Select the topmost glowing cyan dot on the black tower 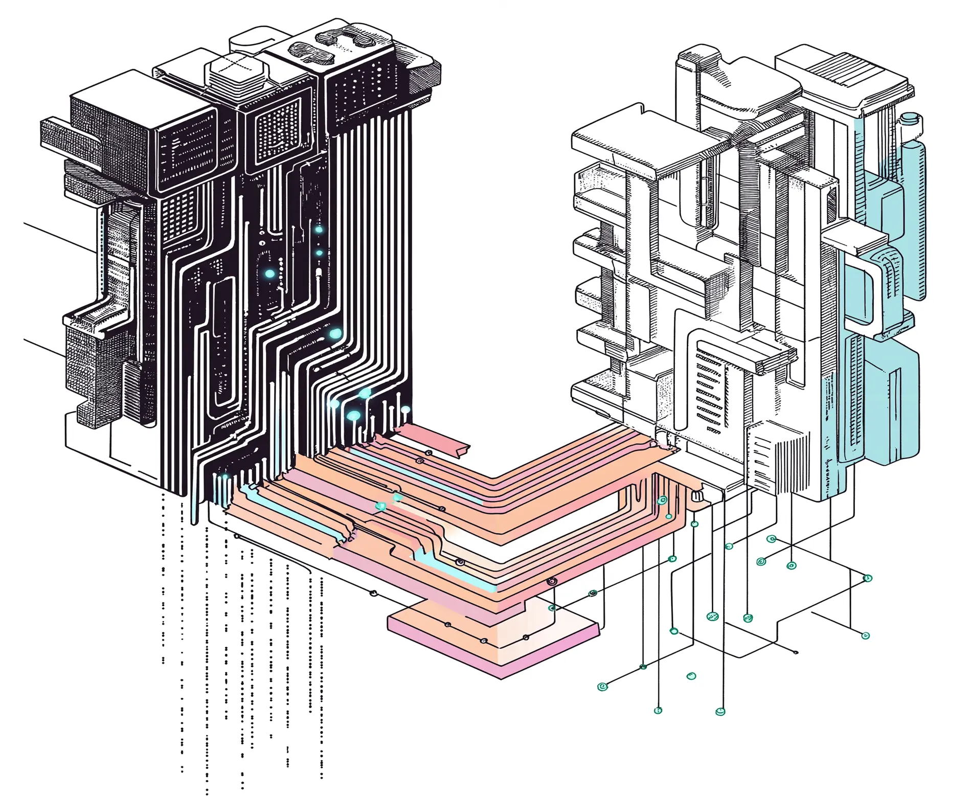pos(319,230)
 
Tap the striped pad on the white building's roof pos(839,72)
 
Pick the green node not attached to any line pos(691,676)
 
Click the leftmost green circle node pos(602,686)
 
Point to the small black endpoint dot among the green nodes pos(796,652)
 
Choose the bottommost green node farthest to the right pos(865,635)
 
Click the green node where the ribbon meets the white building pos(662,500)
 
